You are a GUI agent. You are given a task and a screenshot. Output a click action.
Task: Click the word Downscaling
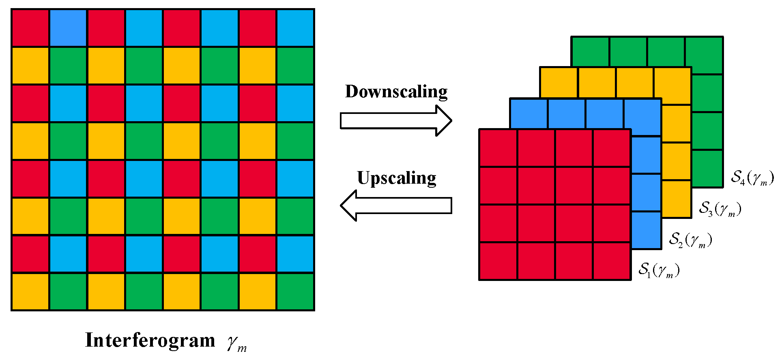[396, 92]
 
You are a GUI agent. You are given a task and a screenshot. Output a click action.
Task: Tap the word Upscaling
[396, 178]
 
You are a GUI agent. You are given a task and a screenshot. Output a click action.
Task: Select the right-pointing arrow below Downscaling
[395, 121]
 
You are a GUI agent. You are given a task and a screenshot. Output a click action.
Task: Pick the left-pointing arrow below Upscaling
[395, 206]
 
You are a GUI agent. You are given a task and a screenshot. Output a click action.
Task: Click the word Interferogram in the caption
[150, 340]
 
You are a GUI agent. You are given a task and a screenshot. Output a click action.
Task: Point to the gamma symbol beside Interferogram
[236, 342]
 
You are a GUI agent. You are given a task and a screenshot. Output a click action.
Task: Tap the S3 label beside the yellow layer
[720, 209]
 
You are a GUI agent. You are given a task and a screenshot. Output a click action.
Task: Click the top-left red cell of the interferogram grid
[30, 28]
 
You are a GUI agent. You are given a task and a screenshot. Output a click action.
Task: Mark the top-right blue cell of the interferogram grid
[295, 28]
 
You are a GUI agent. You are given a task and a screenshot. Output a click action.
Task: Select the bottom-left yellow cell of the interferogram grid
[30, 292]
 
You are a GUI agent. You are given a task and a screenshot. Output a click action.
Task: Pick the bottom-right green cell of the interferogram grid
[295, 292]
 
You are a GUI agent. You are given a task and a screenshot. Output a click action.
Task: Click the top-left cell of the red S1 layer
[498, 148]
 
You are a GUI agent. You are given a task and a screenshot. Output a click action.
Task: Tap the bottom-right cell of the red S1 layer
[612, 261]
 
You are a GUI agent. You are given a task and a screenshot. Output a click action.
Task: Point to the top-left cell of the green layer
[590, 51]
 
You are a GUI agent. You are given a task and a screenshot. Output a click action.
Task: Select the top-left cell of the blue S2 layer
[528, 114]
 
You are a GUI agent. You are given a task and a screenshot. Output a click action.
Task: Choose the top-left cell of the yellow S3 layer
[559, 83]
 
